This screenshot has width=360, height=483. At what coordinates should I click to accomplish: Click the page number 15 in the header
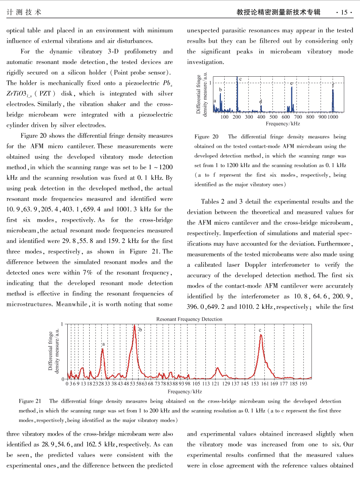[x=344, y=12]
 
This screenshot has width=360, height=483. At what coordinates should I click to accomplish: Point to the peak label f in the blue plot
[x=333, y=85]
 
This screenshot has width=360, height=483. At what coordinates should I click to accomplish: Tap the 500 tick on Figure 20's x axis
[x=273, y=117]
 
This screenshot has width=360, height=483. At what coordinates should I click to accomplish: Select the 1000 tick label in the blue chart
[x=333, y=117]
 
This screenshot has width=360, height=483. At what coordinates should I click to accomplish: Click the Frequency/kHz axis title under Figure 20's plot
[x=283, y=124]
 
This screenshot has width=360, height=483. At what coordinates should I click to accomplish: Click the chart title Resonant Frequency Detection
[x=189, y=319]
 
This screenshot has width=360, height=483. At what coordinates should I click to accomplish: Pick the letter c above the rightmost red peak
[x=260, y=330]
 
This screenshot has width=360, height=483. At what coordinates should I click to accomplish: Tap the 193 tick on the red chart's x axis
[x=303, y=384]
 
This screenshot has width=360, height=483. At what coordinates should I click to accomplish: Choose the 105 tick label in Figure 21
[x=196, y=384]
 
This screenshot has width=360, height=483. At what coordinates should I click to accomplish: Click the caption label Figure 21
[x=30, y=401]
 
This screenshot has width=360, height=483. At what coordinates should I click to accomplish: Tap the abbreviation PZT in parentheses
[x=45, y=93]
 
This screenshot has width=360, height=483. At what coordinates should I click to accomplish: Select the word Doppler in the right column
[x=255, y=265]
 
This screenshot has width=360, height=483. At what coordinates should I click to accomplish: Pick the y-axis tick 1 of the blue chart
[x=210, y=83]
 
